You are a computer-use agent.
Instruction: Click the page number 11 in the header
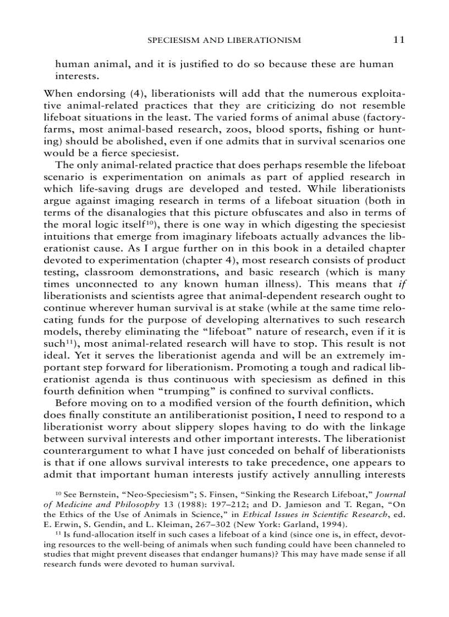(x=399, y=40)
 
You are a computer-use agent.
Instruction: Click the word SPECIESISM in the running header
(x=178, y=40)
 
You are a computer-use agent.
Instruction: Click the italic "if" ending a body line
(x=402, y=284)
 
